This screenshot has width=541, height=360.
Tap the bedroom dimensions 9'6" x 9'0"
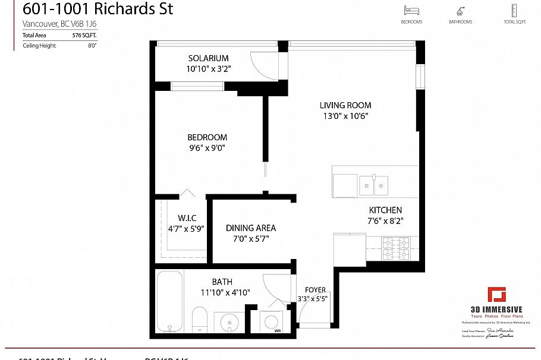pyautogui.click(x=207, y=148)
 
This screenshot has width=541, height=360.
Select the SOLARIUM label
pyautogui.click(x=208, y=58)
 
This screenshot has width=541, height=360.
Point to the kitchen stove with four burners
pyautogui.click(x=396, y=248)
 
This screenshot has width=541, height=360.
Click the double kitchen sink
pyautogui.click(x=373, y=185)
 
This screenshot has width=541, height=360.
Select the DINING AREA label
pyautogui.click(x=251, y=228)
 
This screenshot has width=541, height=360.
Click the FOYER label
pyautogui.click(x=316, y=290)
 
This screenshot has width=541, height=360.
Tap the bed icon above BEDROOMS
pyautogui.click(x=411, y=11)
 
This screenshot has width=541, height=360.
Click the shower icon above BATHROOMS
pyautogui.click(x=460, y=11)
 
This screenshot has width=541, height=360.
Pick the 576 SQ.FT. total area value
pyautogui.click(x=84, y=36)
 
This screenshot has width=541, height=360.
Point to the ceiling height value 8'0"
pyautogui.click(x=92, y=45)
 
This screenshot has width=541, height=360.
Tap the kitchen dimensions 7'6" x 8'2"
pyautogui.click(x=385, y=221)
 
